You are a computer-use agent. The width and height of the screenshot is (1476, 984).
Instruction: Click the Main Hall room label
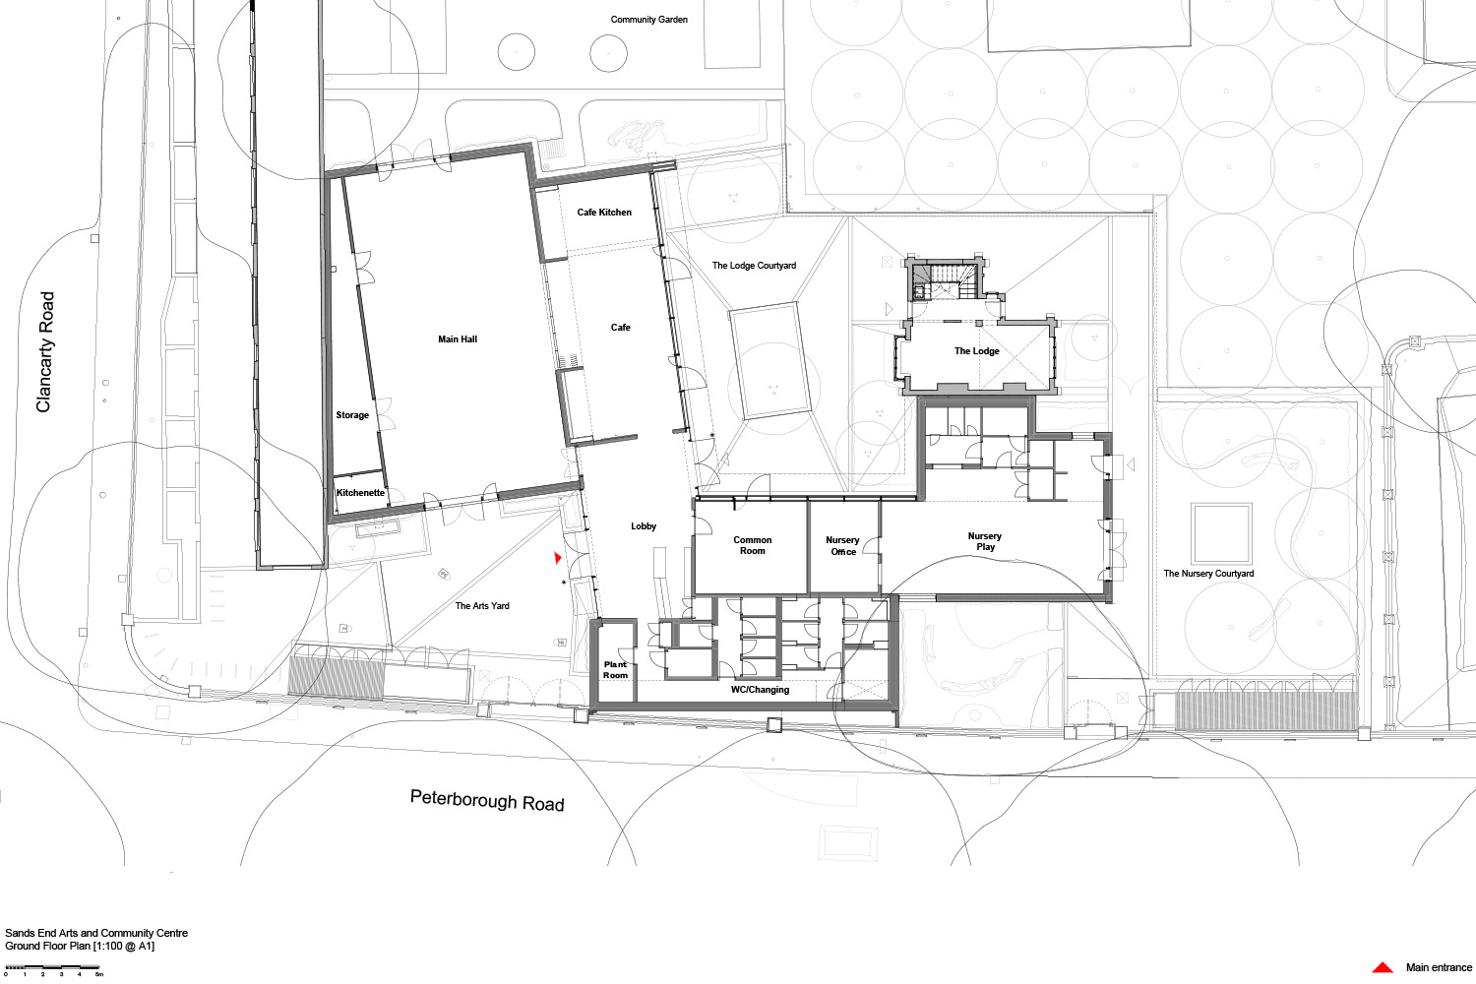(458, 339)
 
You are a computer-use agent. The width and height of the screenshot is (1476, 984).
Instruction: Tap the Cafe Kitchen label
(604, 213)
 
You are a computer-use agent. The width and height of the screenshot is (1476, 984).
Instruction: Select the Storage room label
(352, 415)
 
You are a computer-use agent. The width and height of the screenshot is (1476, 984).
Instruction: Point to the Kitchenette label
(360, 493)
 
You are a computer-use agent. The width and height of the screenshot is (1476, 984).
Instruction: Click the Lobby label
(644, 525)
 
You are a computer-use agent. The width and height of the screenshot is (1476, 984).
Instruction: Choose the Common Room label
(753, 545)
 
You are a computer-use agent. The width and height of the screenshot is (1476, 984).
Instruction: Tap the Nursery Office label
(842, 546)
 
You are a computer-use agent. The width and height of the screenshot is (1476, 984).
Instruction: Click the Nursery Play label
(985, 541)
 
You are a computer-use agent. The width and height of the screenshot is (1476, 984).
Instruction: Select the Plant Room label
(615, 670)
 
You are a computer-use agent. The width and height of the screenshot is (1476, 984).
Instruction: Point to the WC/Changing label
(760, 690)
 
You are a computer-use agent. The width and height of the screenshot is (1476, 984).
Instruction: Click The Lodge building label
(976, 351)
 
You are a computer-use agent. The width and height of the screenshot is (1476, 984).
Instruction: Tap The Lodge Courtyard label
(754, 266)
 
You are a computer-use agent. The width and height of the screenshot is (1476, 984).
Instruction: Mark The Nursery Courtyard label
(1208, 574)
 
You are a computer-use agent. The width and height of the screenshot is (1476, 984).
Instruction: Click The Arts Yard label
(482, 606)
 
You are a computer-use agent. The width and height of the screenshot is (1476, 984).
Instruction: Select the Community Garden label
(649, 20)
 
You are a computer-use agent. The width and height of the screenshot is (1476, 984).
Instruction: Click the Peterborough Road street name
(487, 800)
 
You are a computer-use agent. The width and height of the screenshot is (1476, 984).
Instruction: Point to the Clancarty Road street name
(44, 352)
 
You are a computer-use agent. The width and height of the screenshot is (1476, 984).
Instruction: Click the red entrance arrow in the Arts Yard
(558, 558)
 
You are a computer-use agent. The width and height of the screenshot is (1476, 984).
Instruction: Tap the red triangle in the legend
(1383, 967)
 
